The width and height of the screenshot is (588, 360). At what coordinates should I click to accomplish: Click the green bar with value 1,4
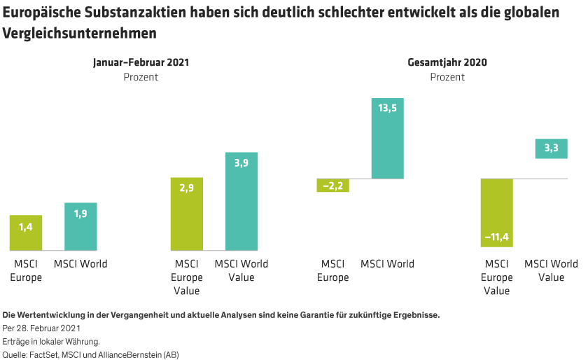click(26, 233)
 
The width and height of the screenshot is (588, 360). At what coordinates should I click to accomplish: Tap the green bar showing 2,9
click(187, 214)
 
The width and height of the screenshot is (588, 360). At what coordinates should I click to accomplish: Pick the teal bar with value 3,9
click(241, 201)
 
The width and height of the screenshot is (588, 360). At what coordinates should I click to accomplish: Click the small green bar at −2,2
click(332, 186)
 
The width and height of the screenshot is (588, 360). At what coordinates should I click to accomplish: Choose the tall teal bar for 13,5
click(387, 139)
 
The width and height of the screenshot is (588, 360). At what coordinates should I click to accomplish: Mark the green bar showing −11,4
click(496, 213)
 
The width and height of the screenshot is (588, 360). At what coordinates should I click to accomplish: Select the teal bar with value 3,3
click(551, 148)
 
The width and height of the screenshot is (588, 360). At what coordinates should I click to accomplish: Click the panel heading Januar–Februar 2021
click(141, 62)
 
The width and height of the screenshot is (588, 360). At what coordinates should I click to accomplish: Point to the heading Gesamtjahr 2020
click(447, 62)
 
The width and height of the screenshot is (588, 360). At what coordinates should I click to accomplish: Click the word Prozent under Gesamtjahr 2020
click(447, 77)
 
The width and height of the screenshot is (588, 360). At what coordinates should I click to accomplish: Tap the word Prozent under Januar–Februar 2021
click(141, 77)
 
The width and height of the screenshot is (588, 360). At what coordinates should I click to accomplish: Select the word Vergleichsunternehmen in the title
click(80, 33)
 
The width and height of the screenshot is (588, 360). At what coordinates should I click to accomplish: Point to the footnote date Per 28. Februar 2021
click(42, 328)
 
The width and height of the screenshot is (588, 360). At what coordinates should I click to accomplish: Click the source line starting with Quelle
click(91, 354)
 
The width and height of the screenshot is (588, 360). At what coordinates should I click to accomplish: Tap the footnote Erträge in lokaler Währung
click(51, 341)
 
